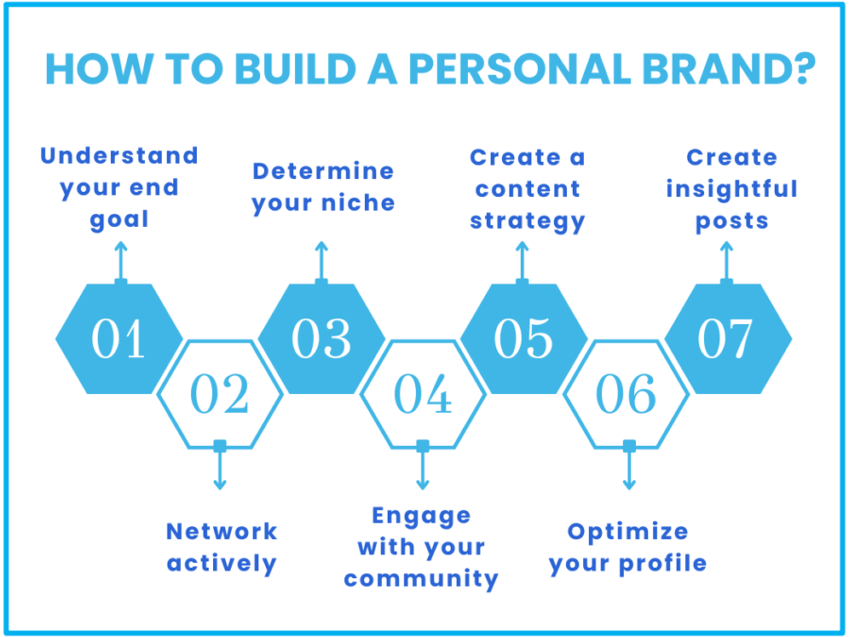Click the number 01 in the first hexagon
(x=119, y=339)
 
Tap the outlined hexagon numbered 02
(x=220, y=395)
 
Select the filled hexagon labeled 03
(x=321, y=339)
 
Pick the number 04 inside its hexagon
(x=423, y=395)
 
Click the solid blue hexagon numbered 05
(x=523, y=339)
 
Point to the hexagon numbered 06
(x=627, y=395)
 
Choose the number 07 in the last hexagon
(x=726, y=339)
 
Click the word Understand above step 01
(x=119, y=156)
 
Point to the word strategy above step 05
(x=528, y=221)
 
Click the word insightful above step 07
(x=731, y=188)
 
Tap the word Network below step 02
(x=222, y=531)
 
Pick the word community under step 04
(x=421, y=579)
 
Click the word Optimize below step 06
(x=627, y=531)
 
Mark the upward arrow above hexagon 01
(x=120, y=260)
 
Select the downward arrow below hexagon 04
(x=423, y=469)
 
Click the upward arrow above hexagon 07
(x=726, y=260)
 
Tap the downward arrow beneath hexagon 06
(x=629, y=469)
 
